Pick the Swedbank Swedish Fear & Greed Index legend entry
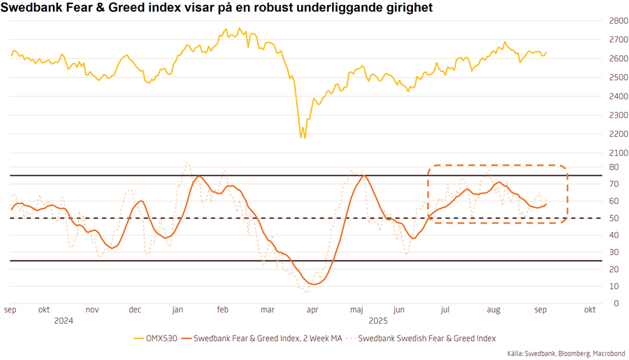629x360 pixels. (426, 338)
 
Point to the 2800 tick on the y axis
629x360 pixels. (618, 21)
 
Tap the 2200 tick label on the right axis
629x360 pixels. (618, 134)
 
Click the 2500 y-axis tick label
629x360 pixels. (618, 77)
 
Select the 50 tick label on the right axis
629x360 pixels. (614, 218)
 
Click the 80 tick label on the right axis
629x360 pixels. (614, 167)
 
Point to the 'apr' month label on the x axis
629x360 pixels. (312, 310)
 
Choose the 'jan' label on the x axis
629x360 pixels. (178, 310)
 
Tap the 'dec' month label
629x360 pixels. (135, 310)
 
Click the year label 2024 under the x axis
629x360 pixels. (64, 320)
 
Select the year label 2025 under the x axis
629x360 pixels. (378, 320)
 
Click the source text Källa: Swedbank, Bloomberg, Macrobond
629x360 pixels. (566, 354)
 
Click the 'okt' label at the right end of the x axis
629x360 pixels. (589, 310)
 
